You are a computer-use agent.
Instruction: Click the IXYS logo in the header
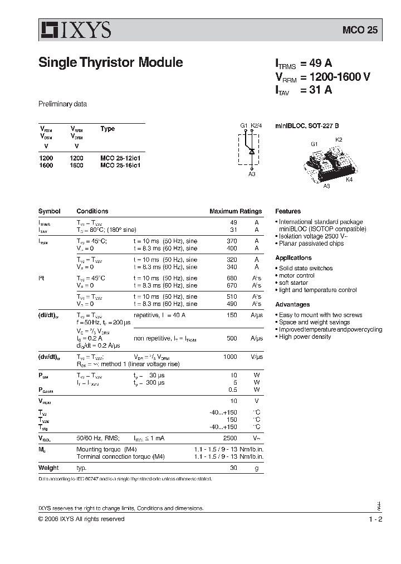pyautogui.click(x=75, y=30)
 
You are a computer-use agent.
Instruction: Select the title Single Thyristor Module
pyautogui.click(x=110, y=62)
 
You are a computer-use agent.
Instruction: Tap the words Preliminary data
pyautogui.click(x=62, y=104)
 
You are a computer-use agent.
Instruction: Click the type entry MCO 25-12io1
pyautogui.click(x=120, y=158)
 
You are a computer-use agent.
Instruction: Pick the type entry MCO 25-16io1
pyautogui.click(x=120, y=166)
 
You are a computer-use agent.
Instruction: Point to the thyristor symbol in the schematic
pyautogui.click(x=252, y=151)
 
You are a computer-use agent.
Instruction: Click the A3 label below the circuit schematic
pyautogui.click(x=252, y=174)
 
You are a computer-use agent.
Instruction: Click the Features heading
pyautogui.click(x=288, y=211)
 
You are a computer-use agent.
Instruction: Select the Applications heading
pyautogui.click(x=294, y=258)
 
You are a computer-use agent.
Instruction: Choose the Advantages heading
pyautogui.click(x=292, y=305)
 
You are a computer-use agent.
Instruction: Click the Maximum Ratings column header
pyautogui.click(x=235, y=211)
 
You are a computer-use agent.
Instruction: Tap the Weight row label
pyautogui.click(x=48, y=468)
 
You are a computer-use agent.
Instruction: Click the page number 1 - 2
pyautogui.click(x=375, y=519)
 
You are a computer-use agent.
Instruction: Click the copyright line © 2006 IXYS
pyautogui.click(x=81, y=519)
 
